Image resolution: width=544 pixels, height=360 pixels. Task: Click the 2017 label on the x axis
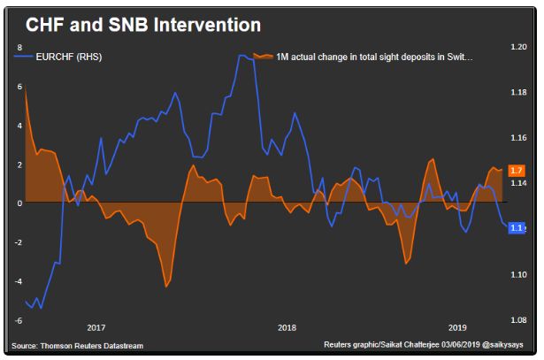click(96, 328)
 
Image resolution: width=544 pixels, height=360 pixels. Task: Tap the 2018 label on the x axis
click(287, 328)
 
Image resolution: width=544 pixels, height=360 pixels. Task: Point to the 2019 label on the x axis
click(457, 328)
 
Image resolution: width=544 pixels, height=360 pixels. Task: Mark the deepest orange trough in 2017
click(166, 286)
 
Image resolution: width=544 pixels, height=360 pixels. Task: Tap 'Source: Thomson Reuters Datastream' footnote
click(78, 346)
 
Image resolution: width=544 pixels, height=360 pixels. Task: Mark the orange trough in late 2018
click(406, 263)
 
